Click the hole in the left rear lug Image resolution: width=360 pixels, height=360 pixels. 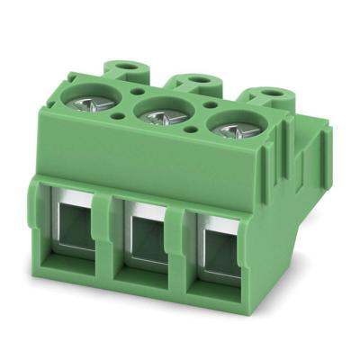point(125,66)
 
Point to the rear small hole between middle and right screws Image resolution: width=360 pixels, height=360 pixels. point(203,102)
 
